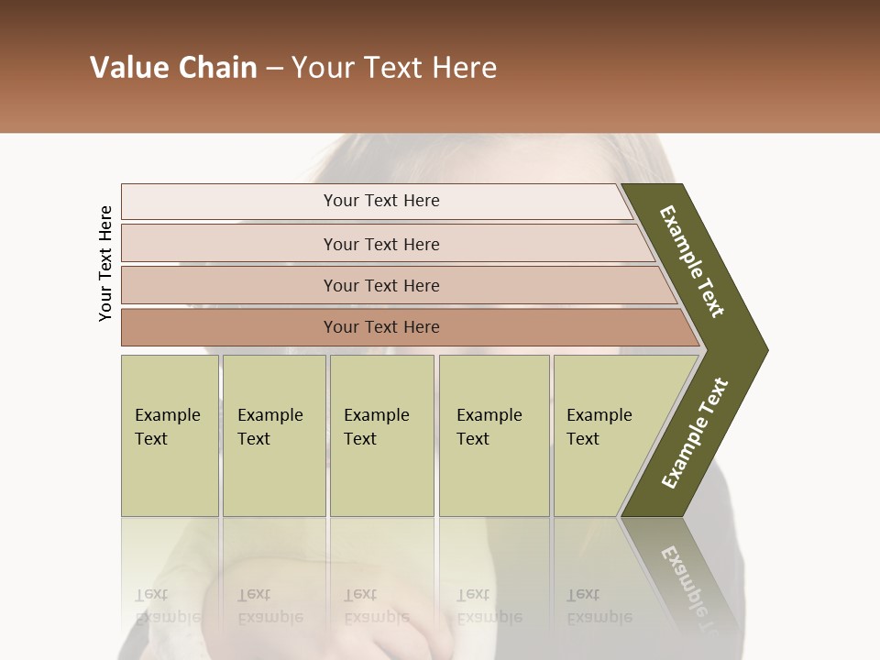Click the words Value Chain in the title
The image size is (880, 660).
coord(173,68)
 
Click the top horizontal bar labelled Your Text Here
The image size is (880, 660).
coord(381,201)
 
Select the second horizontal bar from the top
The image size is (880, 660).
coord(381,244)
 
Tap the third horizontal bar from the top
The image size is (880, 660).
coord(381,285)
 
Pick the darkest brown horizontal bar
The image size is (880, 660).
coord(381,327)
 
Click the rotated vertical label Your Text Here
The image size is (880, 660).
coord(105,263)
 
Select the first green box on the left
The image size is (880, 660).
coord(170,434)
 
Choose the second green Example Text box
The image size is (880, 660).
coord(273,434)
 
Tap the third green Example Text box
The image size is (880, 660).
coord(381,434)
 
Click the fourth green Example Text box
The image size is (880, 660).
coord(493,434)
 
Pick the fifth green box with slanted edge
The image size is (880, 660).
coord(605,434)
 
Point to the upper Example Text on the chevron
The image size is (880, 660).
coord(693,261)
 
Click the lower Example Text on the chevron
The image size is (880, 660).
coord(695,433)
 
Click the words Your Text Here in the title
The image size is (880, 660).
coord(394,68)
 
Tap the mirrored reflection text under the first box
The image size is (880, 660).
coord(167,605)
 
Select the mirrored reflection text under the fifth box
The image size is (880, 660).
coord(598,605)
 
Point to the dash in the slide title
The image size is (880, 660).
coord(274,69)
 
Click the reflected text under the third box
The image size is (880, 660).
coord(376,605)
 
